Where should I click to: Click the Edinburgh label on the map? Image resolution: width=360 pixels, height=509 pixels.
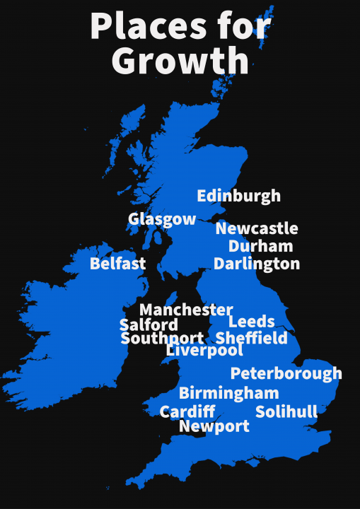pos(238,196)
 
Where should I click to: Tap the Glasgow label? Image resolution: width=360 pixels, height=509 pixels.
pos(162,219)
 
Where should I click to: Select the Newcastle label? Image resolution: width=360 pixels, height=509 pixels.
pos(257,228)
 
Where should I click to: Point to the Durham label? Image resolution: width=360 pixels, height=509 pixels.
pos(260,246)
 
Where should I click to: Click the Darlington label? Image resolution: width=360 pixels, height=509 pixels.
pos(257,264)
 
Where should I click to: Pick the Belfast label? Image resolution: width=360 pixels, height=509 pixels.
pos(117,264)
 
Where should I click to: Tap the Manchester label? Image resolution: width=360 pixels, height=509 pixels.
pos(185,310)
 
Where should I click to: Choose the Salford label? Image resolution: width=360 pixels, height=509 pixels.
pos(149,324)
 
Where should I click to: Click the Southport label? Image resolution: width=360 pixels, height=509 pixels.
pos(162,339)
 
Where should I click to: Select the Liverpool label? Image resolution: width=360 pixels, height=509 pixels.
pos(204,350)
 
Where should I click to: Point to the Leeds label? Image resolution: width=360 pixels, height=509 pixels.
pos(251,322)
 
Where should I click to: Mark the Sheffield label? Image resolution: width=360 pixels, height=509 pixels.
pos(252,338)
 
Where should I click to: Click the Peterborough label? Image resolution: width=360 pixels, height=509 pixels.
pos(286,373)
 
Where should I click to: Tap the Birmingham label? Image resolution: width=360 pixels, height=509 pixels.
pos(228,393)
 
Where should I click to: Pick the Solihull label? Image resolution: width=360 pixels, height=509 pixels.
pos(286,411)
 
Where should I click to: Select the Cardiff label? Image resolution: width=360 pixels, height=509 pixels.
pos(187,411)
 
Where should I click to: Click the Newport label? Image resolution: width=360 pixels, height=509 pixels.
pos(214,426)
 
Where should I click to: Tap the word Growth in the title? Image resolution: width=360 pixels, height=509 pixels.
pos(180,61)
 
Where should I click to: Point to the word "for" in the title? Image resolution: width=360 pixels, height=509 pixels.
pos(245,27)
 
